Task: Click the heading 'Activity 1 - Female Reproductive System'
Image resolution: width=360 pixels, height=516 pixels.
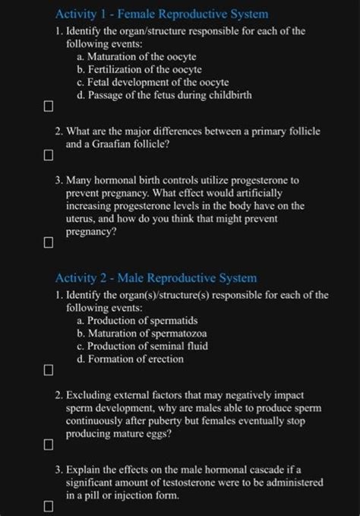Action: [163, 14]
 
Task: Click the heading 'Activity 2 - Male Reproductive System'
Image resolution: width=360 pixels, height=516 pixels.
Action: [156, 278]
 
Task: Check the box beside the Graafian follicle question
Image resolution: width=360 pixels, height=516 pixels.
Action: [48, 157]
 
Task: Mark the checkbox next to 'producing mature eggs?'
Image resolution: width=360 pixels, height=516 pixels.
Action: [48, 443]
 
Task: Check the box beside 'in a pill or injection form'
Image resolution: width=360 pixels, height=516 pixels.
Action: [48, 505]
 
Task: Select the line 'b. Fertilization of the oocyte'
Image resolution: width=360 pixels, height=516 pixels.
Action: [141, 70]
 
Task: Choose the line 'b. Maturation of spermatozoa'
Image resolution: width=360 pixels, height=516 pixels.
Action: [142, 333]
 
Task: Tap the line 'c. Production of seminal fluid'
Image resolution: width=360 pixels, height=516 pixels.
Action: [142, 346]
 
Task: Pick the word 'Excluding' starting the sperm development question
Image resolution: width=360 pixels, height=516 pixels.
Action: [90, 396]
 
